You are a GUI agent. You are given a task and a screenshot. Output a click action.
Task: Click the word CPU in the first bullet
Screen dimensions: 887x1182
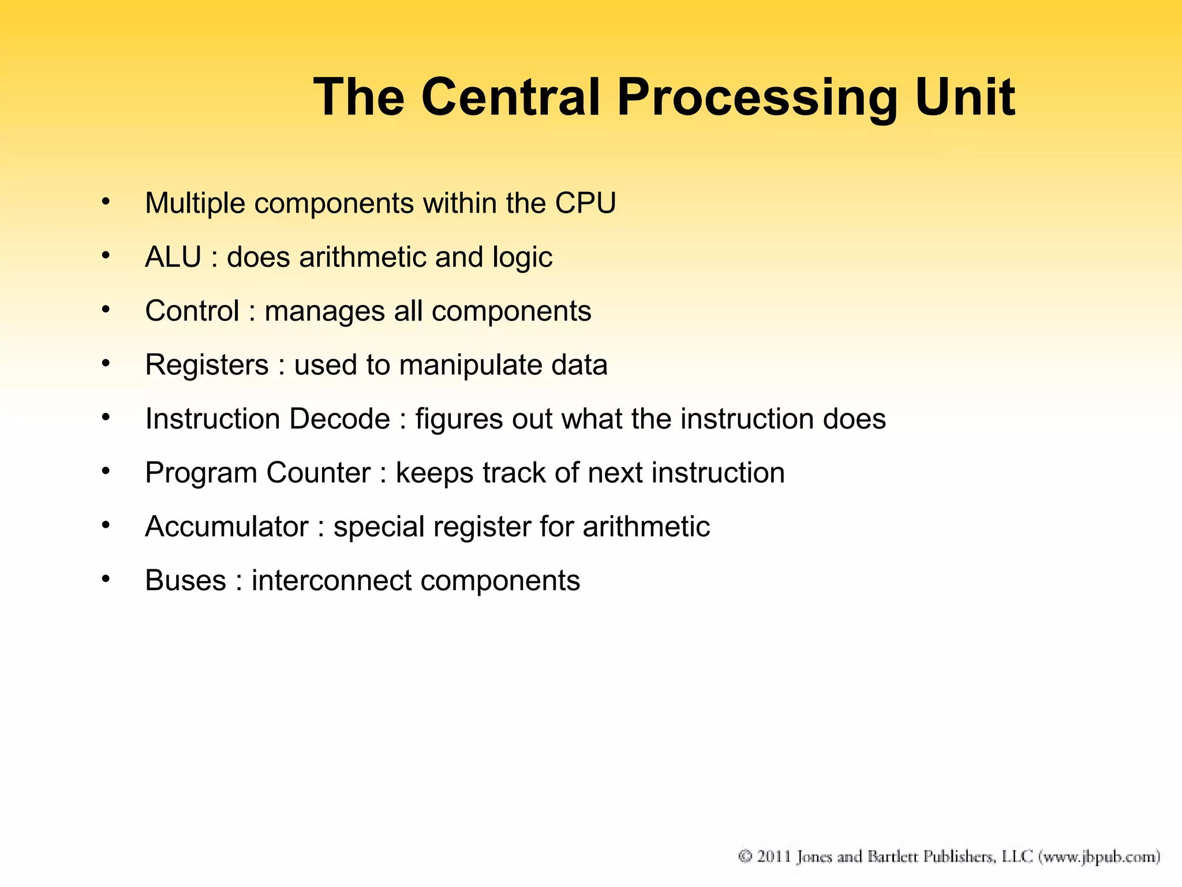pyautogui.click(x=585, y=203)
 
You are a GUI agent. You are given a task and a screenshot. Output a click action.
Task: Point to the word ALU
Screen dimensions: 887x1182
pyautogui.click(x=173, y=257)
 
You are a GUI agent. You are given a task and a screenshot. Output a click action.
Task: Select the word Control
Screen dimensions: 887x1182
pyautogui.click(x=192, y=311)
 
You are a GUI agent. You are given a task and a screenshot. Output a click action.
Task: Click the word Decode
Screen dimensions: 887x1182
pyautogui.click(x=339, y=419)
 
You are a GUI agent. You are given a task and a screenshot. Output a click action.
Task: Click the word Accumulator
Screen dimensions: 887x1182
pyautogui.click(x=227, y=527)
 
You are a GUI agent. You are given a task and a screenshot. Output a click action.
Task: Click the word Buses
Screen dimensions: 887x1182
pyautogui.click(x=185, y=580)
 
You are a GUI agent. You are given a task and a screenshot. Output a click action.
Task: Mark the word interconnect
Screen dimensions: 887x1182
pyautogui.click(x=331, y=580)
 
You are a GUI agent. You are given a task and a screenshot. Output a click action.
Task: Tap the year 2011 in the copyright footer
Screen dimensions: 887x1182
pyautogui.click(x=774, y=856)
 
